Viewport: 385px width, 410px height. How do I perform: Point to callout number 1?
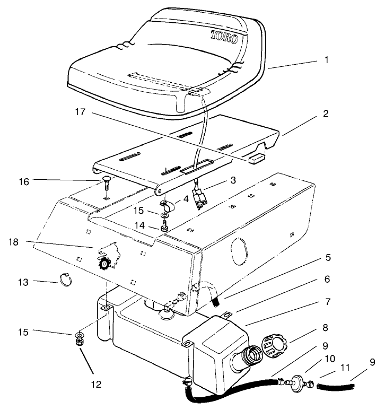(326, 60)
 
